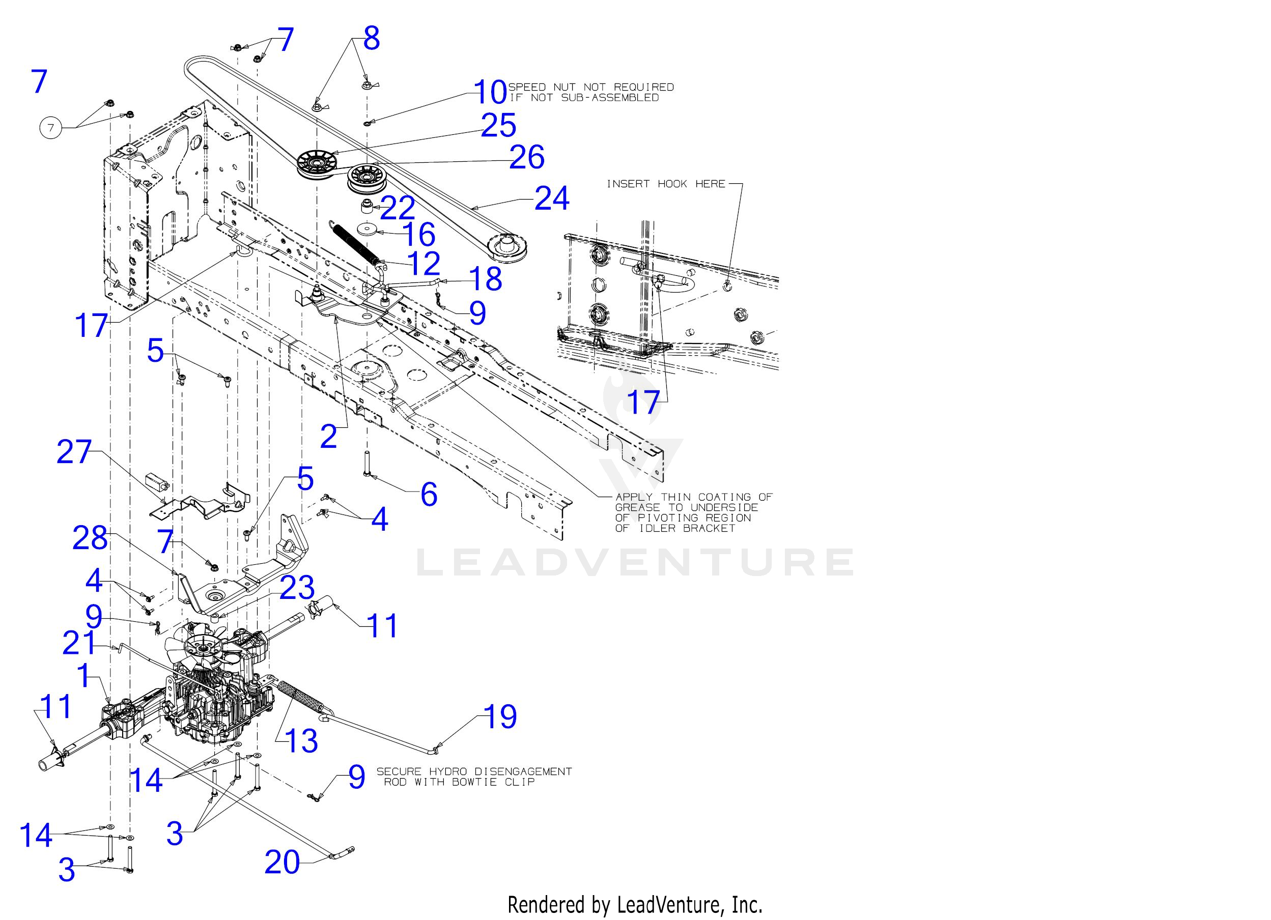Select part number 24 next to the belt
[x=551, y=199]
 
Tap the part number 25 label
[x=498, y=126]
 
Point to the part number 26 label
[x=526, y=157]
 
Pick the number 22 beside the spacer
[x=398, y=209]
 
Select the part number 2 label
[x=329, y=437]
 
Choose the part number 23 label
[x=297, y=588]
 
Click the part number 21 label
[x=79, y=643]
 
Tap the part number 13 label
[x=301, y=741]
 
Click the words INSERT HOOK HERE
[x=666, y=184]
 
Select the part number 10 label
[x=490, y=92]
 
